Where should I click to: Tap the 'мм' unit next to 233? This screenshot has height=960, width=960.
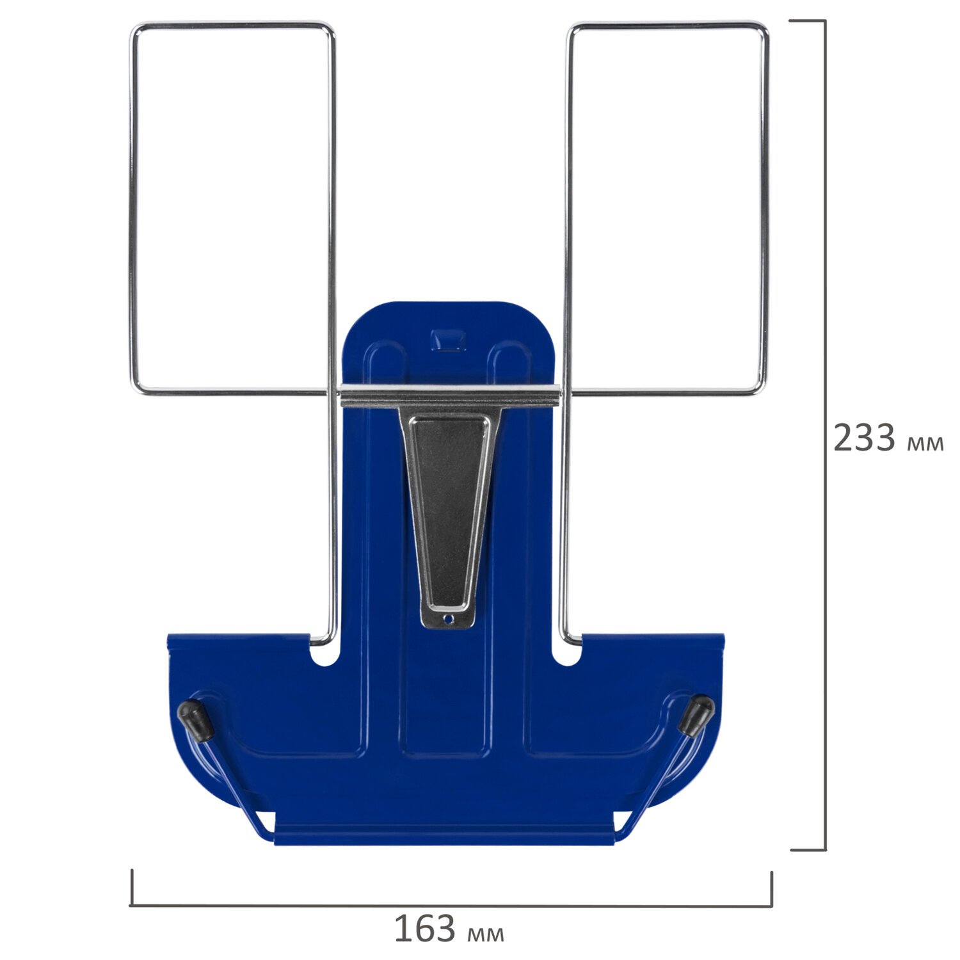point(925,444)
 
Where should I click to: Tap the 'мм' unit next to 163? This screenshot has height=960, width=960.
point(486,934)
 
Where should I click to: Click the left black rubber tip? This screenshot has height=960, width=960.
point(196,720)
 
